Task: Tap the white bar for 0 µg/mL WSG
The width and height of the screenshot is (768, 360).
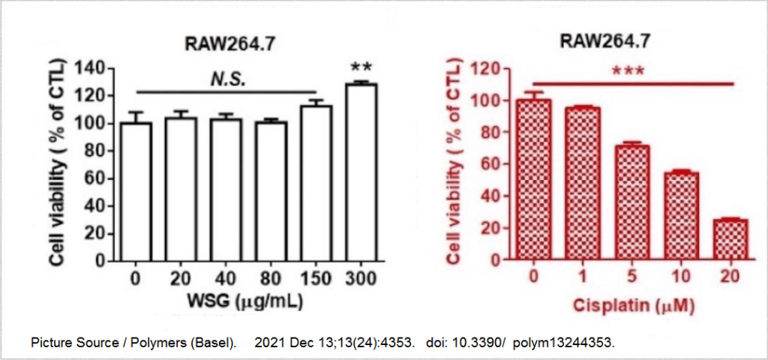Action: (136, 193)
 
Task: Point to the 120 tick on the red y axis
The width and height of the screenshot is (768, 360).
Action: (490, 68)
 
